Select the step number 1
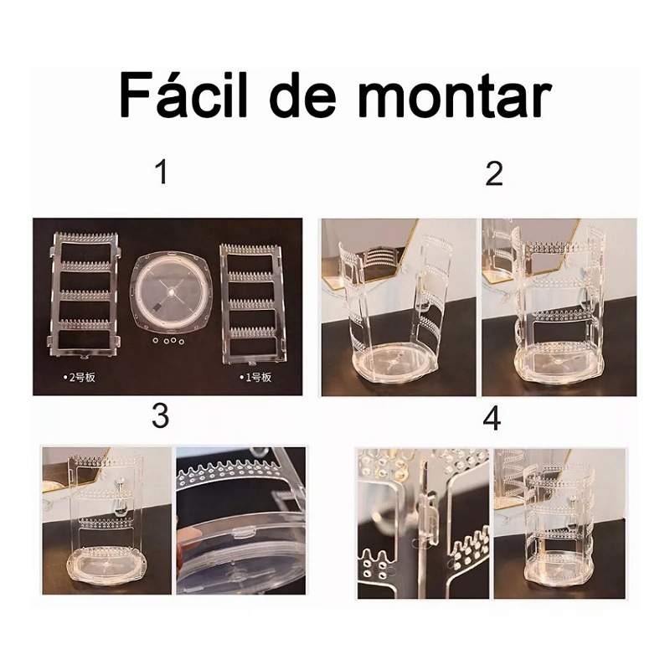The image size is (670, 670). pyautogui.click(x=162, y=173)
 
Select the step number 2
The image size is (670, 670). pyautogui.click(x=494, y=174)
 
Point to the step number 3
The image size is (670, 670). pyautogui.click(x=160, y=416)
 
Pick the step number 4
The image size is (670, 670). pyautogui.click(x=492, y=417)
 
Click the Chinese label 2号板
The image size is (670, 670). pyautogui.click(x=80, y=377)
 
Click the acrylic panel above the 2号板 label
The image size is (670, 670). pyautogui.click(x=86, y=293)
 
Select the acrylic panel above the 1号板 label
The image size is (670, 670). pyautogui.click(x=253, y=302)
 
